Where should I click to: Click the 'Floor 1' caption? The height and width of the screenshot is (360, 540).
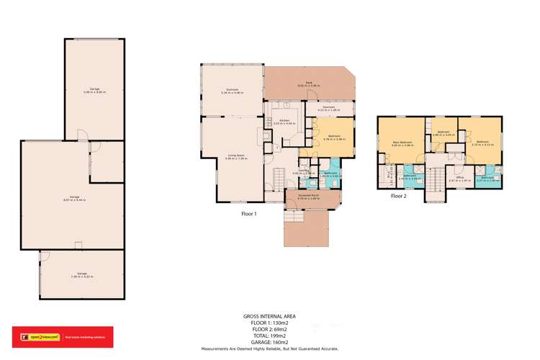coord(249,213)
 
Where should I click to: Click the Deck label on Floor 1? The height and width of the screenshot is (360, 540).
coord(308,85)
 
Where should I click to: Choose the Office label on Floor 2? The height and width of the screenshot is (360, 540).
coord(459,178)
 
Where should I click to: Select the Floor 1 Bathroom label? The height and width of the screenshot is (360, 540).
coord(330,174)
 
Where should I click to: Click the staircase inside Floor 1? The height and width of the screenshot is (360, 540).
coord(279,176)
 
